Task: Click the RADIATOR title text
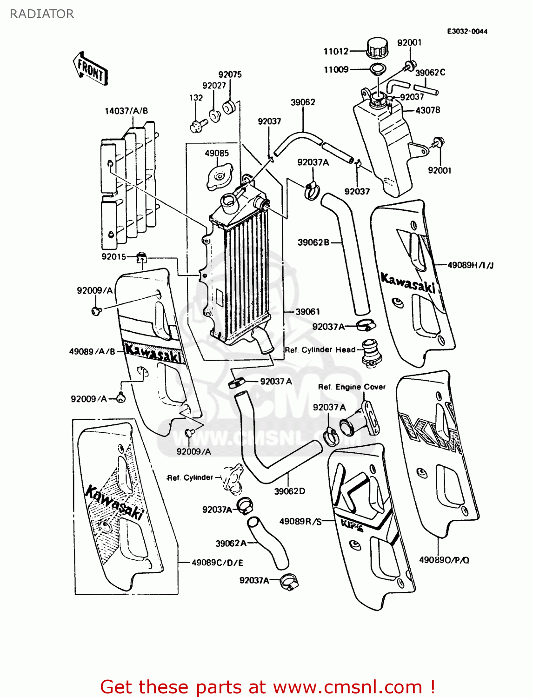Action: (42, 14)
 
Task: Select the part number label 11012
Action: (336, 51)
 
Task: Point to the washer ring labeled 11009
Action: (377, 70)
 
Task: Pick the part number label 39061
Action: (308, 312)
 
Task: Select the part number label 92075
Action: (230, 74)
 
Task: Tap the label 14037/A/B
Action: (126, 111)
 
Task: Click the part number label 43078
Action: (427, 110)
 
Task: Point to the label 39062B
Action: (313, 242)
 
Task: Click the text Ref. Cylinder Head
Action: (320, 349)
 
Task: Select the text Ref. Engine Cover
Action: (352, 387)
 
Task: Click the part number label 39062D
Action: (289, 491)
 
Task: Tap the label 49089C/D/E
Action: (217, 563)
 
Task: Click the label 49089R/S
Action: (300, 521)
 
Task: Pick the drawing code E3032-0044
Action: (467, 31)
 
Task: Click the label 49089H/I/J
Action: (470, 265)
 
